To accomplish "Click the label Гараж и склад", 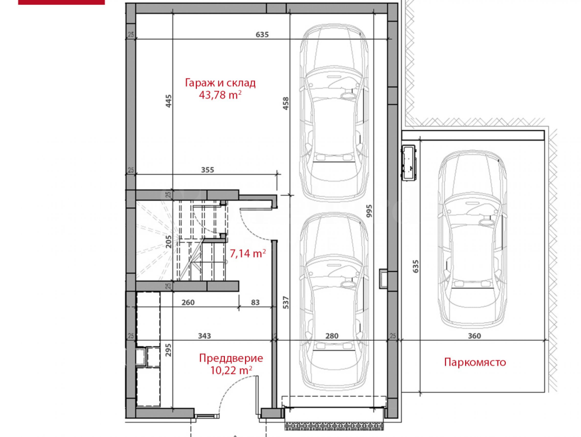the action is pos(220,83).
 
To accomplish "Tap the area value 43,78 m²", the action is pos(220,95).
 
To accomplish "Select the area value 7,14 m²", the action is pos(248,253).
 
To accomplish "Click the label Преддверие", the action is pos(231,358).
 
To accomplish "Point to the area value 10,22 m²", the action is pos(231,370).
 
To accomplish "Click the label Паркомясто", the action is pos(475,362).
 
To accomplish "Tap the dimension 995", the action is pos(369,211).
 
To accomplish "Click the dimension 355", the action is pos(207,170).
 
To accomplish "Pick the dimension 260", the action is pos(188,303).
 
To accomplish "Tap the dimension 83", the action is pos(255,303).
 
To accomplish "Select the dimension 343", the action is pos(204,336).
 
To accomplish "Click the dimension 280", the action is pos(332,336).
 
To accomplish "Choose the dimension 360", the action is pos(474,336).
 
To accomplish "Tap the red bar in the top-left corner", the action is pos(61,2).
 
